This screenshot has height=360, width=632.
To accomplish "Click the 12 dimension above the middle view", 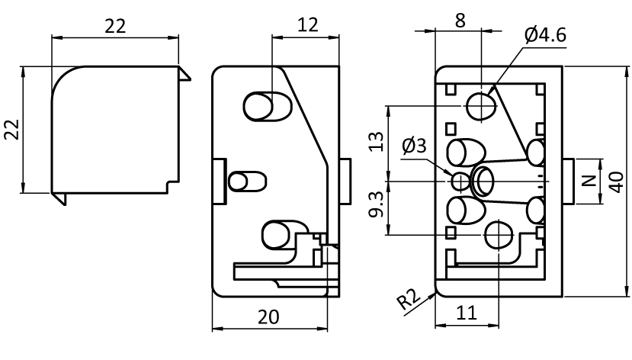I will coord(307,24).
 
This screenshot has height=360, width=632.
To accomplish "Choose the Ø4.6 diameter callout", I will coord(546,34).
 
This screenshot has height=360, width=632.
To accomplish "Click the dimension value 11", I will coord(466,313).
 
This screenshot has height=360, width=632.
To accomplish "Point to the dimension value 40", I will coord(619,182).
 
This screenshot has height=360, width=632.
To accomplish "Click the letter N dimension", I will coord(588,182).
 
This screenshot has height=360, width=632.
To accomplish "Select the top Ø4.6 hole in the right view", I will coord(481,105).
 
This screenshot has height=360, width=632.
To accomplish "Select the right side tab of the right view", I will coord(568,182).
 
